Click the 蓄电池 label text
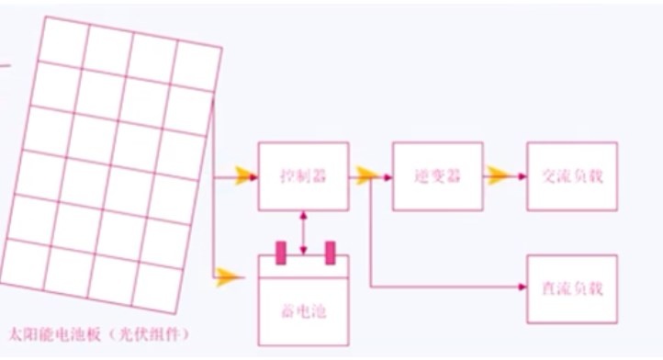(x=304, y=311)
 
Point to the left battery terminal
(x=281, y=253)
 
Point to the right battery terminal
(x=331, y=253)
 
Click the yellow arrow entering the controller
(x=244, y=176)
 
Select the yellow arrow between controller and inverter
(x=366, y=175)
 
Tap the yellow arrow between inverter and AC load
(x=498, y=175)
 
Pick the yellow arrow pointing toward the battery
(x=229, y=277)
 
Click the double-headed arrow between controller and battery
(x=303, y=232)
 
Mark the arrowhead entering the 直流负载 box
(x=523, y=287)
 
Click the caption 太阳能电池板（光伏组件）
(x=98, y=334)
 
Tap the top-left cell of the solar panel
(x=63, y=41)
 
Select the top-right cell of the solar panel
(x=195, y=66)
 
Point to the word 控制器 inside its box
(x=304, y=176)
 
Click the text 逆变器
(x=438, y=176)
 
